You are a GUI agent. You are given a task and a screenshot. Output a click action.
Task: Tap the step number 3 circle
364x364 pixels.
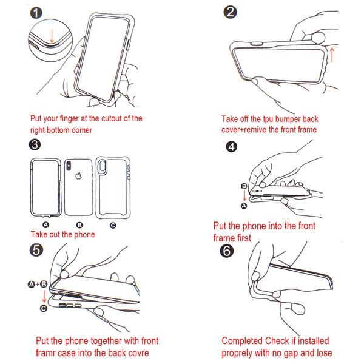coord(35,145)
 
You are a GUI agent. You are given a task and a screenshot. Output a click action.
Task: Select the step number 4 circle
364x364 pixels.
coord(231,147)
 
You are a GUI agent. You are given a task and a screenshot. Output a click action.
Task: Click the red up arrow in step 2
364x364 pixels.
coord(332,55)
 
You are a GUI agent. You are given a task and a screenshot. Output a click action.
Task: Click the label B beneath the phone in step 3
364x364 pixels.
coord(79,224)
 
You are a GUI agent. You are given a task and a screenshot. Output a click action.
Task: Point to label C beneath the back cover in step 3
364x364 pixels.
coord(113,224)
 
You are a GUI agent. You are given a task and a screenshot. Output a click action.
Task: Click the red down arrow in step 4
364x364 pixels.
coord(244,196)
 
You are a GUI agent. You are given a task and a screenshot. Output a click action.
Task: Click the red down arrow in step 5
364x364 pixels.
coord(43,296)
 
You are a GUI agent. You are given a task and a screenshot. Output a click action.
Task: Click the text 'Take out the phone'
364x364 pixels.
coord(62,234)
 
